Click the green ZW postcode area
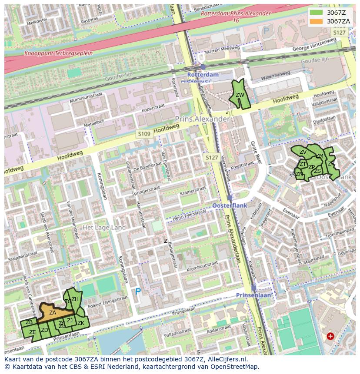[240, 96]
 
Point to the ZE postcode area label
[32, 332]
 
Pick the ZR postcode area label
[331, 164]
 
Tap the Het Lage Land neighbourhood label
[104, 228]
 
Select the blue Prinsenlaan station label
[253, 295]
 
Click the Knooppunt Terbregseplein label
[58, 53]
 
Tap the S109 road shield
[143, 134]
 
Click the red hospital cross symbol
[330, 336]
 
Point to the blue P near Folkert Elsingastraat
[138, 291]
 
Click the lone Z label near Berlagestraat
[165, 241]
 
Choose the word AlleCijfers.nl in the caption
[226, 360]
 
